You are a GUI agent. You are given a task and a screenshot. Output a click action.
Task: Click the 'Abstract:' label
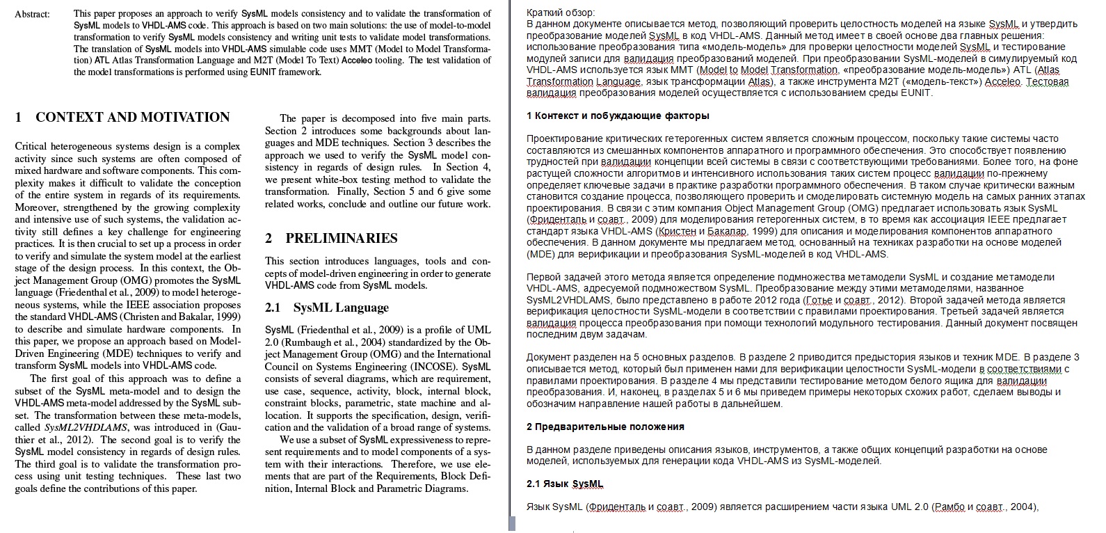(32, 14)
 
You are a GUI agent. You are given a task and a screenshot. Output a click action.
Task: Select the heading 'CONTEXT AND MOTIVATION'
(132, 117)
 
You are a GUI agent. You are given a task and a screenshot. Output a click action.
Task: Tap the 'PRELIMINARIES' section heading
(341, 238)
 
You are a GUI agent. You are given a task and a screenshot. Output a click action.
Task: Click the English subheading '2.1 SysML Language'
(327, 308)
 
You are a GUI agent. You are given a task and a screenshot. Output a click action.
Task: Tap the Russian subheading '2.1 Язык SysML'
(565, 484)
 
